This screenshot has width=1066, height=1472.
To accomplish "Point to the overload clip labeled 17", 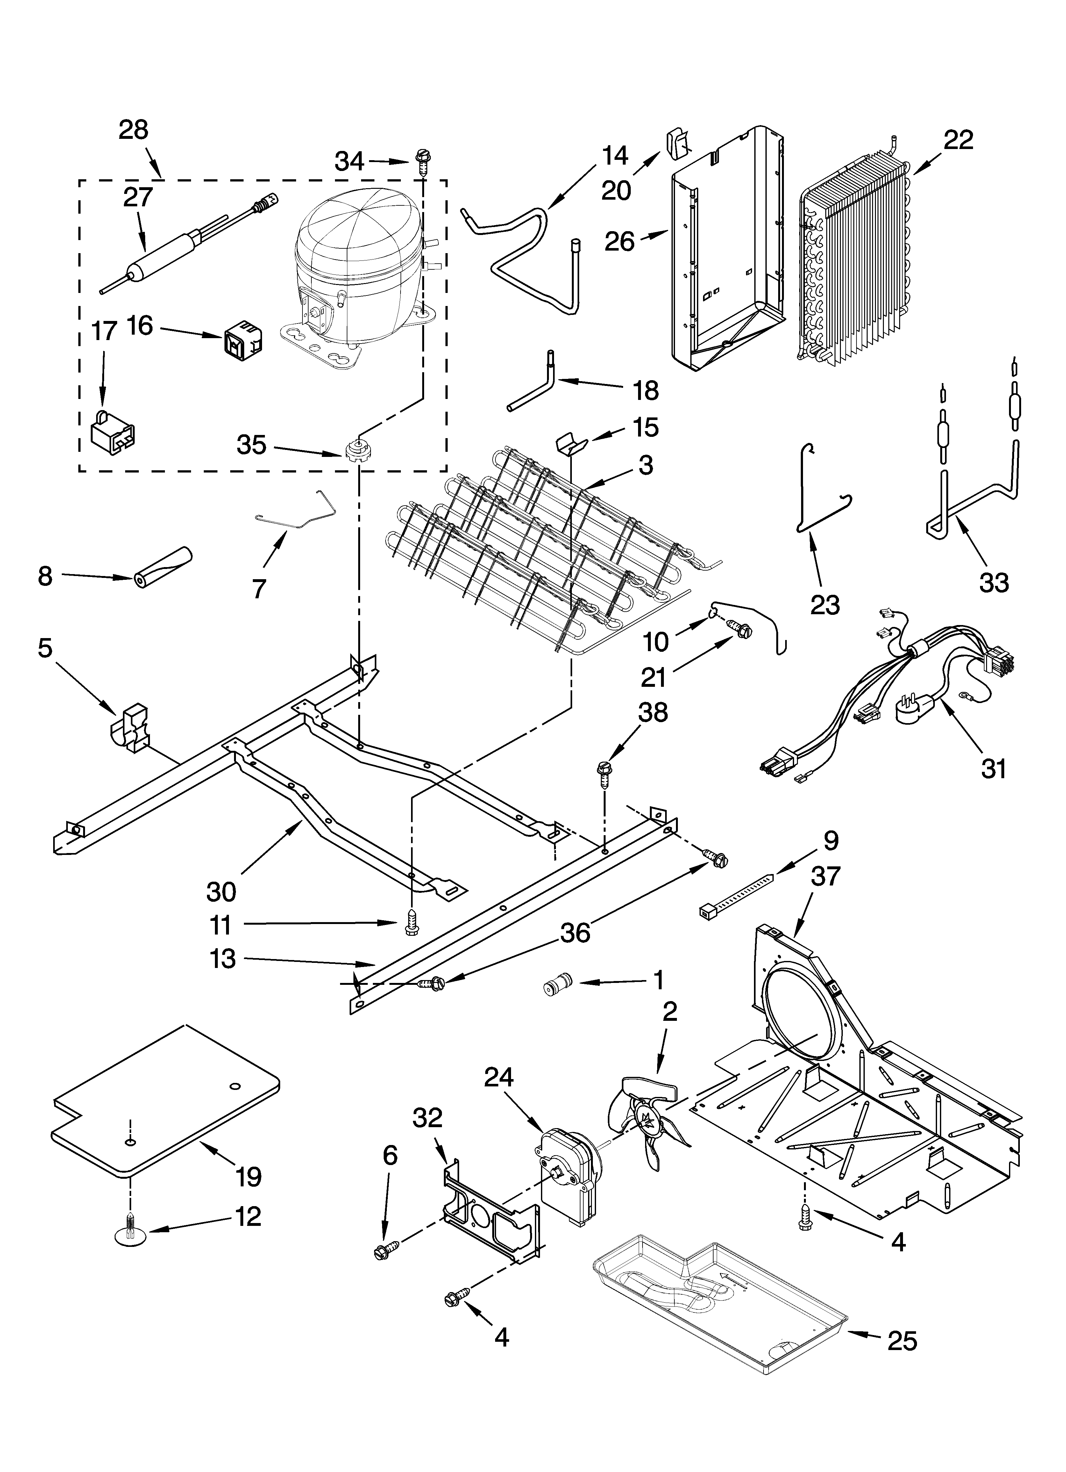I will [112, 432].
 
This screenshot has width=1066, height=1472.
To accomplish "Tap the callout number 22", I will [958, 139].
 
